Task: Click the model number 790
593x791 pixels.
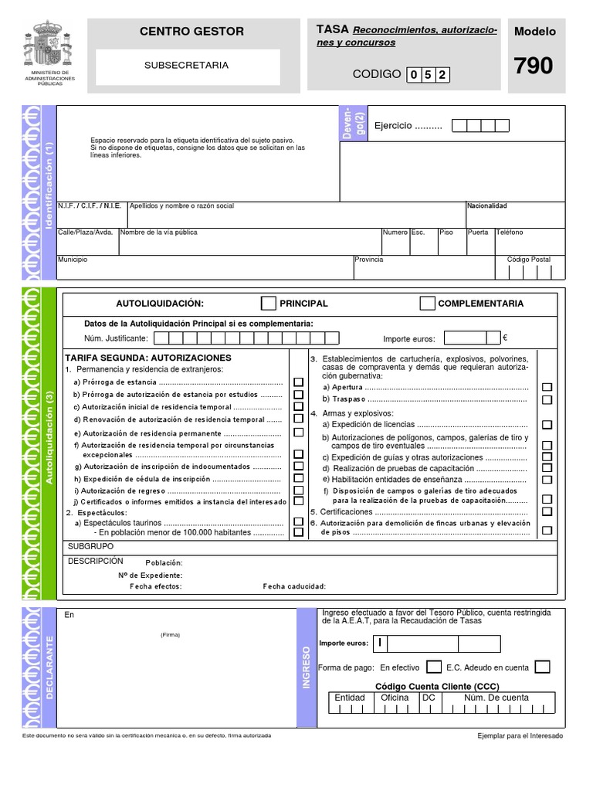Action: pyautogui.click(x=534, y=66)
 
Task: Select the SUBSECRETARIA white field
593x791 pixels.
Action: pyautogui.click(x=187, y=66)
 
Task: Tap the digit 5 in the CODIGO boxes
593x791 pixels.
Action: pyautogui.click(x=428, y=75)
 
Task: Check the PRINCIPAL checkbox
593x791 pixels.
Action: pyautogui.click(x=269, y=303)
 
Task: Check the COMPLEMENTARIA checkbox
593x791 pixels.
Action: pyautogui.click(x=427, y=303)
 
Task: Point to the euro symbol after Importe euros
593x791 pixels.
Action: pyautogui.click(x=505, y=338)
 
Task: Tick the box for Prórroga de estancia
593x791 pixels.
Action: pyautogui.click(x=298, y=382)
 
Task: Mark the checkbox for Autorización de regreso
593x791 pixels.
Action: pyautogui.click(x=298, y=490)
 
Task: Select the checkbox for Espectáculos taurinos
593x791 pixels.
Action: pyautogui.click(x=298, y=522)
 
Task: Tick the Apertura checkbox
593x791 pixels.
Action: pyautogui.click(x=547, y=387)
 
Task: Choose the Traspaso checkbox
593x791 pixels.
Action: pyautogui.click(x=547, y=399)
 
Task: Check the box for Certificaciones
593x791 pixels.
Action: pyautogui.click(x=547, y=511)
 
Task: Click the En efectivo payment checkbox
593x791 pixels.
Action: pyautogui.click(x=434, y=667)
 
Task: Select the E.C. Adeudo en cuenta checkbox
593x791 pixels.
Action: pyautogui.click(x=542, y=667)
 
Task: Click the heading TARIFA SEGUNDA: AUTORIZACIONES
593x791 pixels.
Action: pyautogui.click(x=148, y=358)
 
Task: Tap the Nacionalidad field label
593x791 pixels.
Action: pyautogui.click(x=486, y=206)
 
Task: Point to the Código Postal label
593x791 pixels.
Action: pyautogui.click(x=529, y=260)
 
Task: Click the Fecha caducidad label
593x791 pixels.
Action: pyautogui.click(x=294, y=586)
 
